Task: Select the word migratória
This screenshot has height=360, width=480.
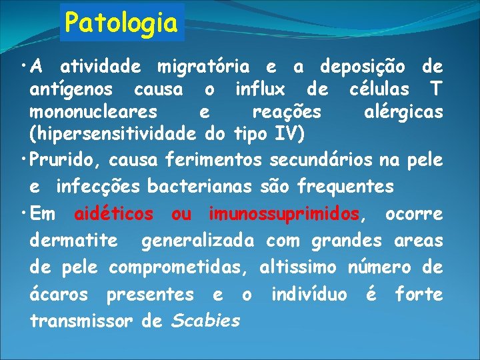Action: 203,67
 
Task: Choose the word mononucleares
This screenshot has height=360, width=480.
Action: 93,111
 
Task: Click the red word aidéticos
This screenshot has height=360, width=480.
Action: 113,215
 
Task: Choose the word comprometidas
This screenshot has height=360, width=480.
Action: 179,267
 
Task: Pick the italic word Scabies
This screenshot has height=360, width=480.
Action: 205,321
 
